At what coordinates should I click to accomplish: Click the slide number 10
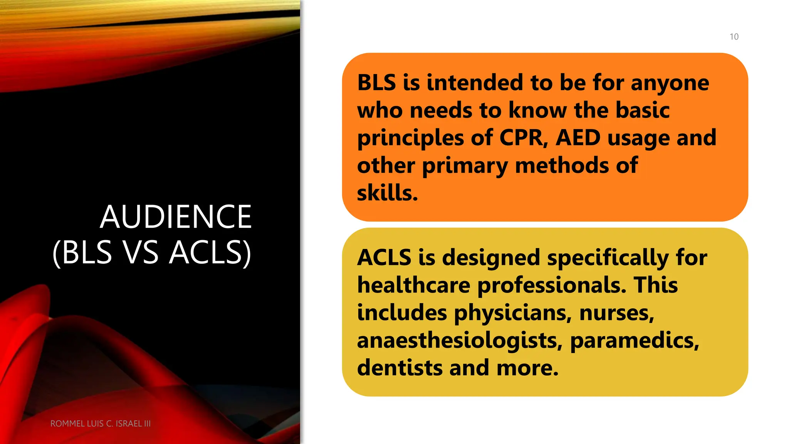(734, 37)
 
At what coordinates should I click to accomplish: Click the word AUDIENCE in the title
(176, 217)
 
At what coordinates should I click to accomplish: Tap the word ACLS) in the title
(210, 252)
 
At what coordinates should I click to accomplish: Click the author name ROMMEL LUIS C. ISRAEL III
(101, 424)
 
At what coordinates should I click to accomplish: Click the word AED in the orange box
(578, 138)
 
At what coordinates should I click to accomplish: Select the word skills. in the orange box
(387, 193)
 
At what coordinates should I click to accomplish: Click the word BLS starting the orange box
(376, 82)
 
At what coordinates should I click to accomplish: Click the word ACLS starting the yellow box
(384, 257)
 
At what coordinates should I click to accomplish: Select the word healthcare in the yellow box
(413, 285)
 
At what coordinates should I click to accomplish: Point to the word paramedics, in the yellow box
(635, 341)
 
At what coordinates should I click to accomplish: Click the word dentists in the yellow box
(400, 368)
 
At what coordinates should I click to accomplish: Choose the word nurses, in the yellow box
(617, 313)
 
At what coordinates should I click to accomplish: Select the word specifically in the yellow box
(608, 258)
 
